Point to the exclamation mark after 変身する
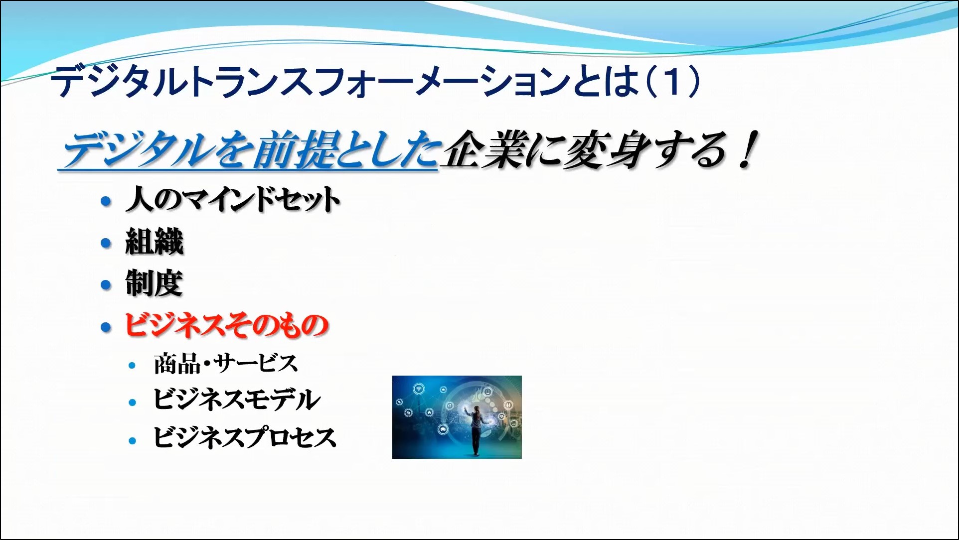point(748,149)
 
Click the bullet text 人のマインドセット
point(233,199)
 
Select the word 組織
point(155,242)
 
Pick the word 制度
point(154,283)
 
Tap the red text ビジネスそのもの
point(226,325)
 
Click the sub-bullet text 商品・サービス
point(226,363)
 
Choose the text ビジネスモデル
point(237,400)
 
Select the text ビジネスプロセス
point(245,437)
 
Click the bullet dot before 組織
point(106,243)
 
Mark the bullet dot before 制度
point(106,285)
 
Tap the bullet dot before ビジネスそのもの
point(106,327)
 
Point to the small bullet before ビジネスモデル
point(132,403)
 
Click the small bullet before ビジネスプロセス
point(132,441)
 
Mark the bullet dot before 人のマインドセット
point(106,201)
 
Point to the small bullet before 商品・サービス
point(132,365)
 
